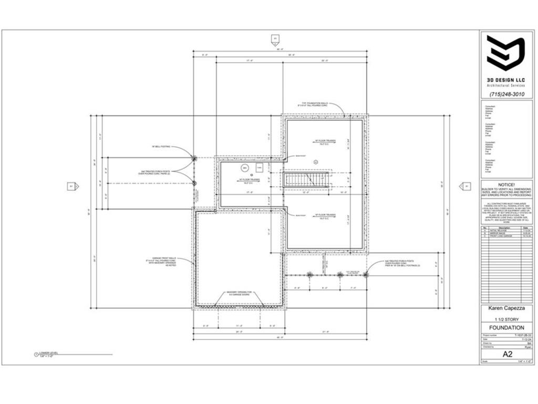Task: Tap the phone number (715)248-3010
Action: [x=506, y=94]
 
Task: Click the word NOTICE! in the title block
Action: [x=507, y=185]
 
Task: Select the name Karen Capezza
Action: [x=506, y=309]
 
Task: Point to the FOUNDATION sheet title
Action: [x=506, y=327]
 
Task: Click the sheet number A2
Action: [x=506, y=354]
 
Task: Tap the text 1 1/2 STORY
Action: [x=506, y=318]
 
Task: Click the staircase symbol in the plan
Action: [x=307, y=179]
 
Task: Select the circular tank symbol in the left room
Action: [x=245, y=168]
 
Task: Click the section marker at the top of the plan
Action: [x=274, y=38]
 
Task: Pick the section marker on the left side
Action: [x=73, y=186]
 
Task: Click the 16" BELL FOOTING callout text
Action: [x=161, y=147]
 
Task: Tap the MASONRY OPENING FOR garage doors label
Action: [x=240, y=293]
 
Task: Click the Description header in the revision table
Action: [x=499, y=227]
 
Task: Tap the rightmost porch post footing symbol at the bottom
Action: [x=366, y=274]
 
